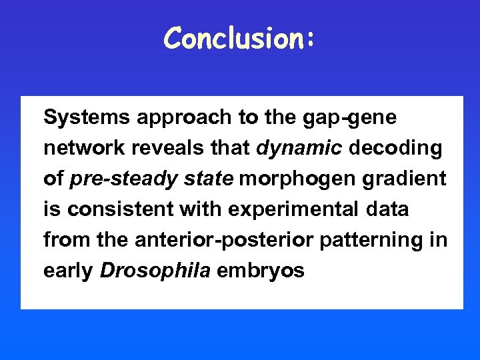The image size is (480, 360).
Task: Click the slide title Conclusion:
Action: click(x=239, y=39)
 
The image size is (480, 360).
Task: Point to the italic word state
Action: click(x=207, y=179)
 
